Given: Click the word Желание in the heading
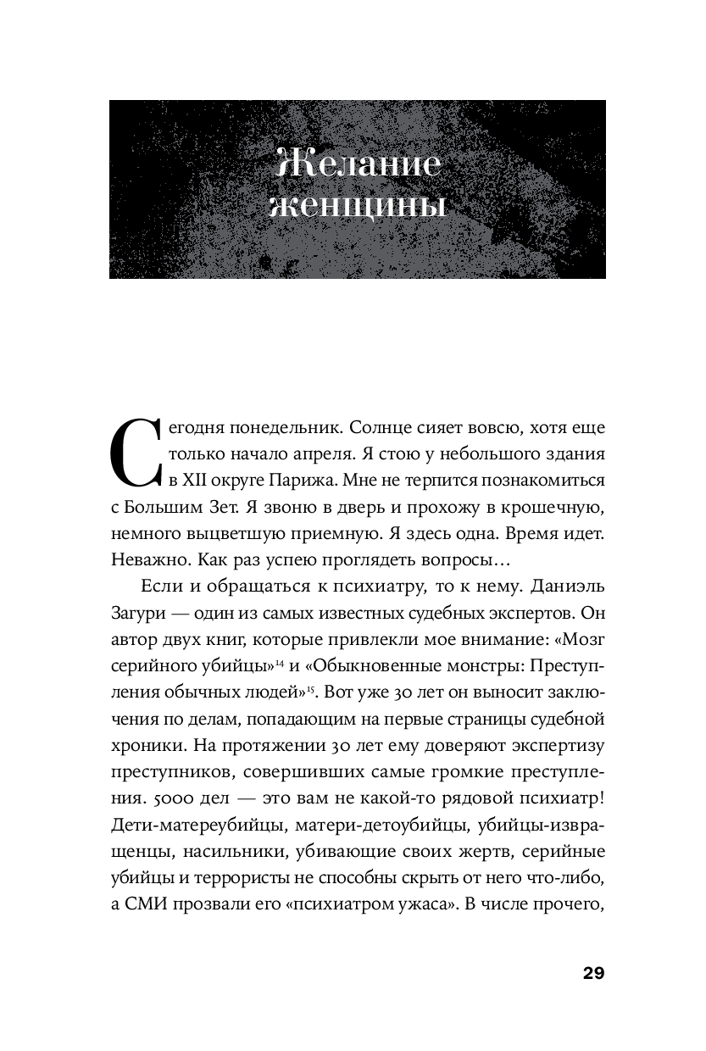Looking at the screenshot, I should [359, 164].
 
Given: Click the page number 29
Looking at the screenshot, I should [592, 972].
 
